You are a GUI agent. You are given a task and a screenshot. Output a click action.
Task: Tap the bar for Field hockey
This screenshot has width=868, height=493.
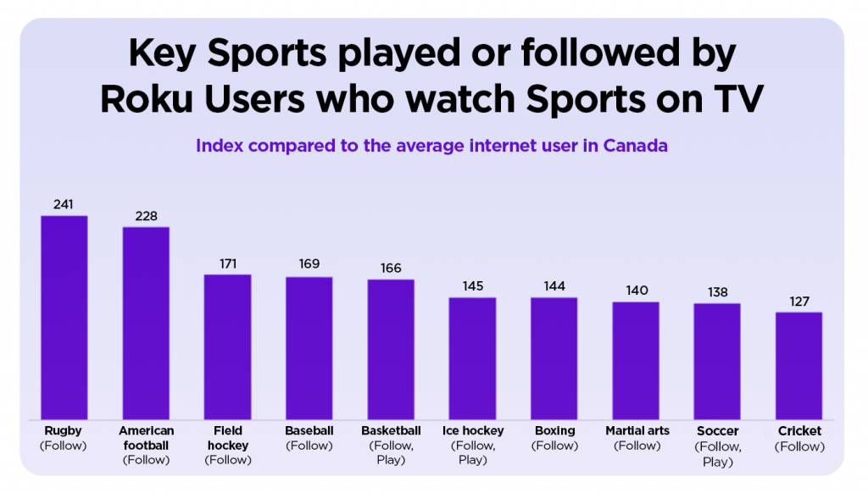(227, 346)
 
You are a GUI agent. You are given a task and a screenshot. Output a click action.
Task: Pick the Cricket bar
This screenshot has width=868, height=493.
(798, 365)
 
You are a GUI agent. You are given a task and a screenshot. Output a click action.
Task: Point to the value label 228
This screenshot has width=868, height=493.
(146, 216)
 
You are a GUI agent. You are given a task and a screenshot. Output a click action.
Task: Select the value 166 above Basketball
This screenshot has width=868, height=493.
(391, 269)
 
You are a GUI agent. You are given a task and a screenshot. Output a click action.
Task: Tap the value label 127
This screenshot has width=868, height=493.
(798, 301)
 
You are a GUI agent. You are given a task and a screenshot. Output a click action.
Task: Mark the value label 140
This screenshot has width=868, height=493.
(636, 291)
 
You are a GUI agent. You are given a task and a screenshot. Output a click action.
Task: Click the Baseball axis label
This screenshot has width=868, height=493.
(309, 431)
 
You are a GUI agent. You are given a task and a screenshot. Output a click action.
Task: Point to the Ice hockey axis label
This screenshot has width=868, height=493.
(473, 431)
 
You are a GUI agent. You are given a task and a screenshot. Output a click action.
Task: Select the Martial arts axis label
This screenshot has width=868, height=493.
(637, 431)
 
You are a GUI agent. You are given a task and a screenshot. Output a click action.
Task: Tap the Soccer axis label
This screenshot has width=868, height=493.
(717, 431)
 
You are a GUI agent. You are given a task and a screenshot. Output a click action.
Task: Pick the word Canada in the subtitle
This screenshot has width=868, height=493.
(635, 146)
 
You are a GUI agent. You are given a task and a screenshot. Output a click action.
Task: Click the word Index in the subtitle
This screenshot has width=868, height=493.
(219, 146)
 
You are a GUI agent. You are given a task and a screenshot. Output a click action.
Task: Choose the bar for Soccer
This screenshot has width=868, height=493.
(717, 361)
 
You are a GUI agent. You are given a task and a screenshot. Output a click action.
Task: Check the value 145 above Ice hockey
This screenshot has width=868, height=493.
(473, 286)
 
